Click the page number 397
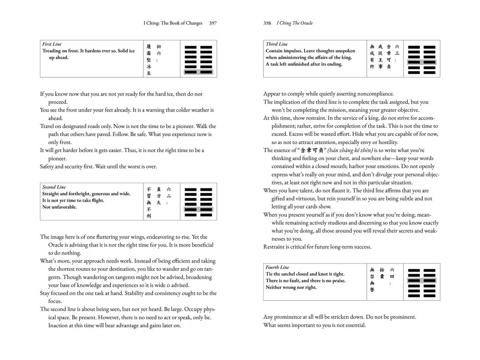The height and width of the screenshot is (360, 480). pyautogui.click(x=212, y=23)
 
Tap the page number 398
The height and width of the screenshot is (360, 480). pyautogui.click(x=268, y=23)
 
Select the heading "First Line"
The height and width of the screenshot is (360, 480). pyautogui.click(x=52, y=44)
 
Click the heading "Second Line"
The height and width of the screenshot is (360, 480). pyautogui.click(x=54, y=187)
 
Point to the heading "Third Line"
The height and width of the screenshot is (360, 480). pyautogui.click(x=277, y=44)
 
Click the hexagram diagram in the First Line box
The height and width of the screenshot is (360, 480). pyautogui.click(x=199, y=60)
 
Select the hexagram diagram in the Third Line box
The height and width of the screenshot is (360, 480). pyautogui.click(x=422, y=60)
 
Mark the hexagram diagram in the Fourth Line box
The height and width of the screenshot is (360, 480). pyautogui.click(x=422, y=283)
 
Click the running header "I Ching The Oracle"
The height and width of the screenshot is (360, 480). pyautogui.click(x=295, y=23)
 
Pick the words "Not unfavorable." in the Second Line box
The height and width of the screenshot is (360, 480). pyautogui.click(x=60, y=207)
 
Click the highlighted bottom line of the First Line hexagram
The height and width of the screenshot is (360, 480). pyautogui.click(x=199, y=72)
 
